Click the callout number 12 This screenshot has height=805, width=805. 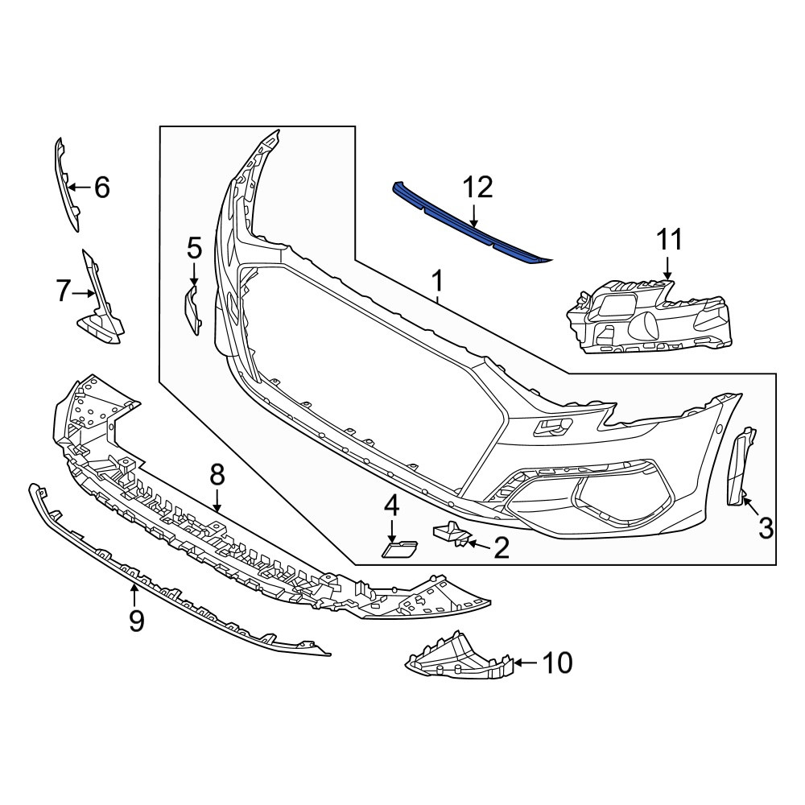(x=477, y=188)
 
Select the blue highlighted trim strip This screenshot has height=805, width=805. (x=470, y=225)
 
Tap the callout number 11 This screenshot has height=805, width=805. (x=670, y=240)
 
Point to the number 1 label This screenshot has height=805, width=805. (x=437, y=283)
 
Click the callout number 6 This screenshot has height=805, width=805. (x=102, y=187)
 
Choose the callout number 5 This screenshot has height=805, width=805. (x=195, y=249)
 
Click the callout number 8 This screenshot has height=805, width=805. (x=217, y=476)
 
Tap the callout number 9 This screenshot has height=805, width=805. (x=137, y=621)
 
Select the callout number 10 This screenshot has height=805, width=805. (x=557, y=663)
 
